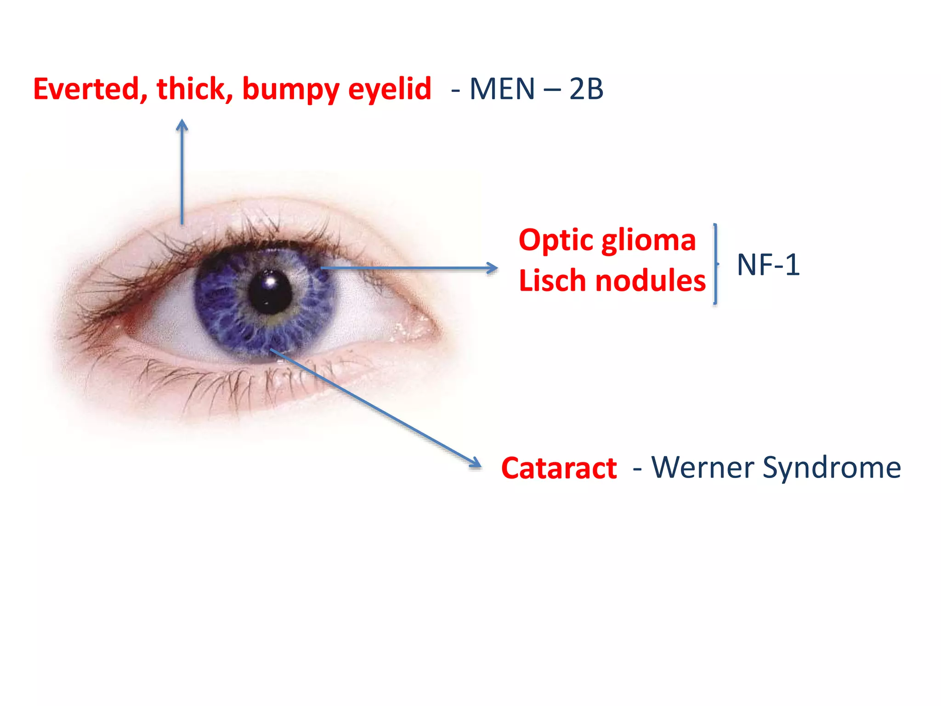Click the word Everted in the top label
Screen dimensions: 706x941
(x=87, y=89)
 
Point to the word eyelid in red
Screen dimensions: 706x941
(x=390, y=90)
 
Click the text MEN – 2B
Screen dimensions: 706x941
(x=536, y=89)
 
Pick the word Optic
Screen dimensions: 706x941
(x=556, y=241)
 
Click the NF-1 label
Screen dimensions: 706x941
(x=768, y=265)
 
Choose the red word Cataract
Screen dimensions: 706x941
(x=559, y=468)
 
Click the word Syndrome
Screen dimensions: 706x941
(x=832, y=468)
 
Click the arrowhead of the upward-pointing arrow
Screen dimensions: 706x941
(x=182, y=125)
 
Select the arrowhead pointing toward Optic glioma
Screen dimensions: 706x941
(x=493, y=268)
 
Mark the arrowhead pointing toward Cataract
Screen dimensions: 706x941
(x=476, y=464)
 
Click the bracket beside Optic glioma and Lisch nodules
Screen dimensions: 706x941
(x=715, y=264)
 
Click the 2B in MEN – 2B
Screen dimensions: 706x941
(x=586, y=89)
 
